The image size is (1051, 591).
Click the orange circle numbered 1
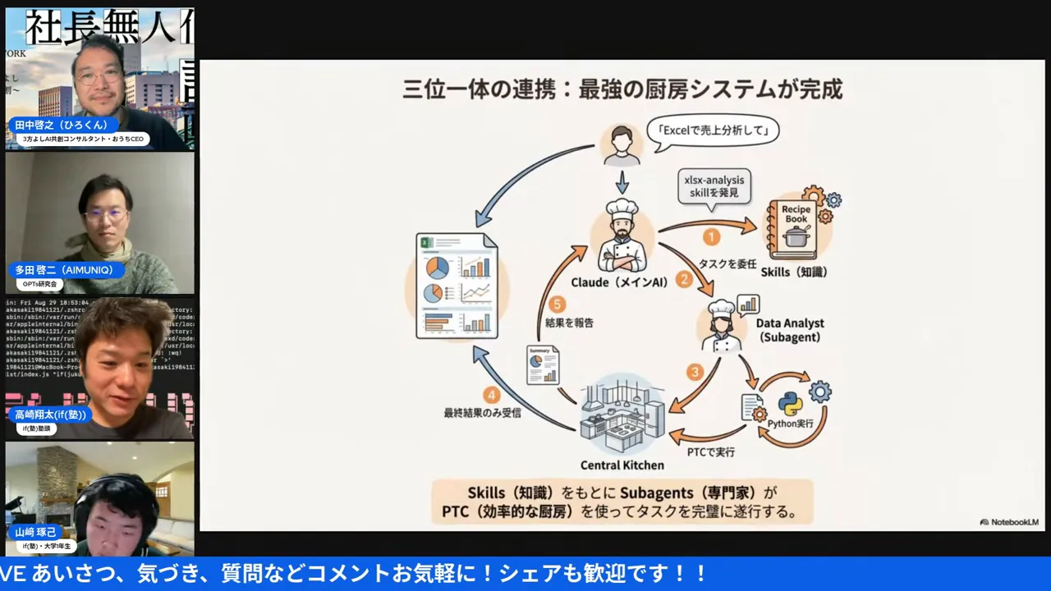click(x=711, y=237)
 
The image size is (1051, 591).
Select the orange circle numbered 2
click(x=684, y=279)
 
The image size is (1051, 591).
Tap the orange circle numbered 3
click(x=695, y=372)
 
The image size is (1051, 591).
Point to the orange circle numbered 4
click(x=491, y=395)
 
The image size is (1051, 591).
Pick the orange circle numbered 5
click(x=558, y=304)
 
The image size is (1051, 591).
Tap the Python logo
click(x=790, y=404)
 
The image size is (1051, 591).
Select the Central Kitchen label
click(x=622, y=465)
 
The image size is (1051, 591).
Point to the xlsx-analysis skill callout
click(x=713, y=186)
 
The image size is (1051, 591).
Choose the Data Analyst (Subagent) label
click(x=790, y=330)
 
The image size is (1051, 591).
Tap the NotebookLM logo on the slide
click(x=1008, y=522)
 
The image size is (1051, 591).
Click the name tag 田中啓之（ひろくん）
click(x=62, y=126)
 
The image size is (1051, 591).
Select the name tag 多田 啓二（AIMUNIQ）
click(x=69, y=270)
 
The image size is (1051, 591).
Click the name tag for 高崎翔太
click(x=50, y=415)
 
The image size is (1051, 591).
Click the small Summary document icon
click(x=543, y=366)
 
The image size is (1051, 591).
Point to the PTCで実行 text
click(x=710, y=451)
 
